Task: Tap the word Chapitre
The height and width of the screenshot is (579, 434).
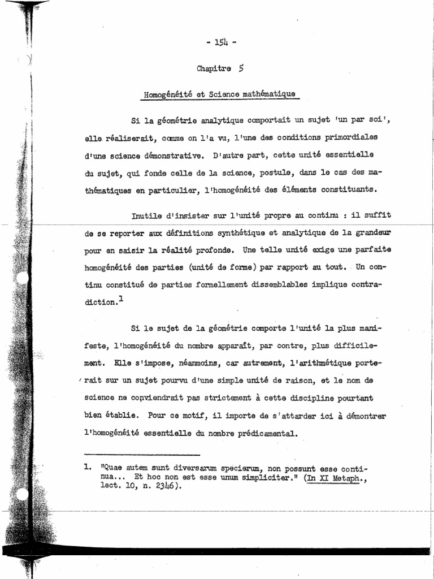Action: [214, 69]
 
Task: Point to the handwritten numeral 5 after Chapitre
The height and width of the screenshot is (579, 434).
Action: [241, 68]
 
